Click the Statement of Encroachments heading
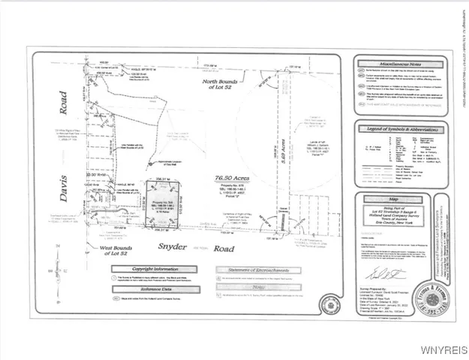pyautogui.click(x=251, y=269)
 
